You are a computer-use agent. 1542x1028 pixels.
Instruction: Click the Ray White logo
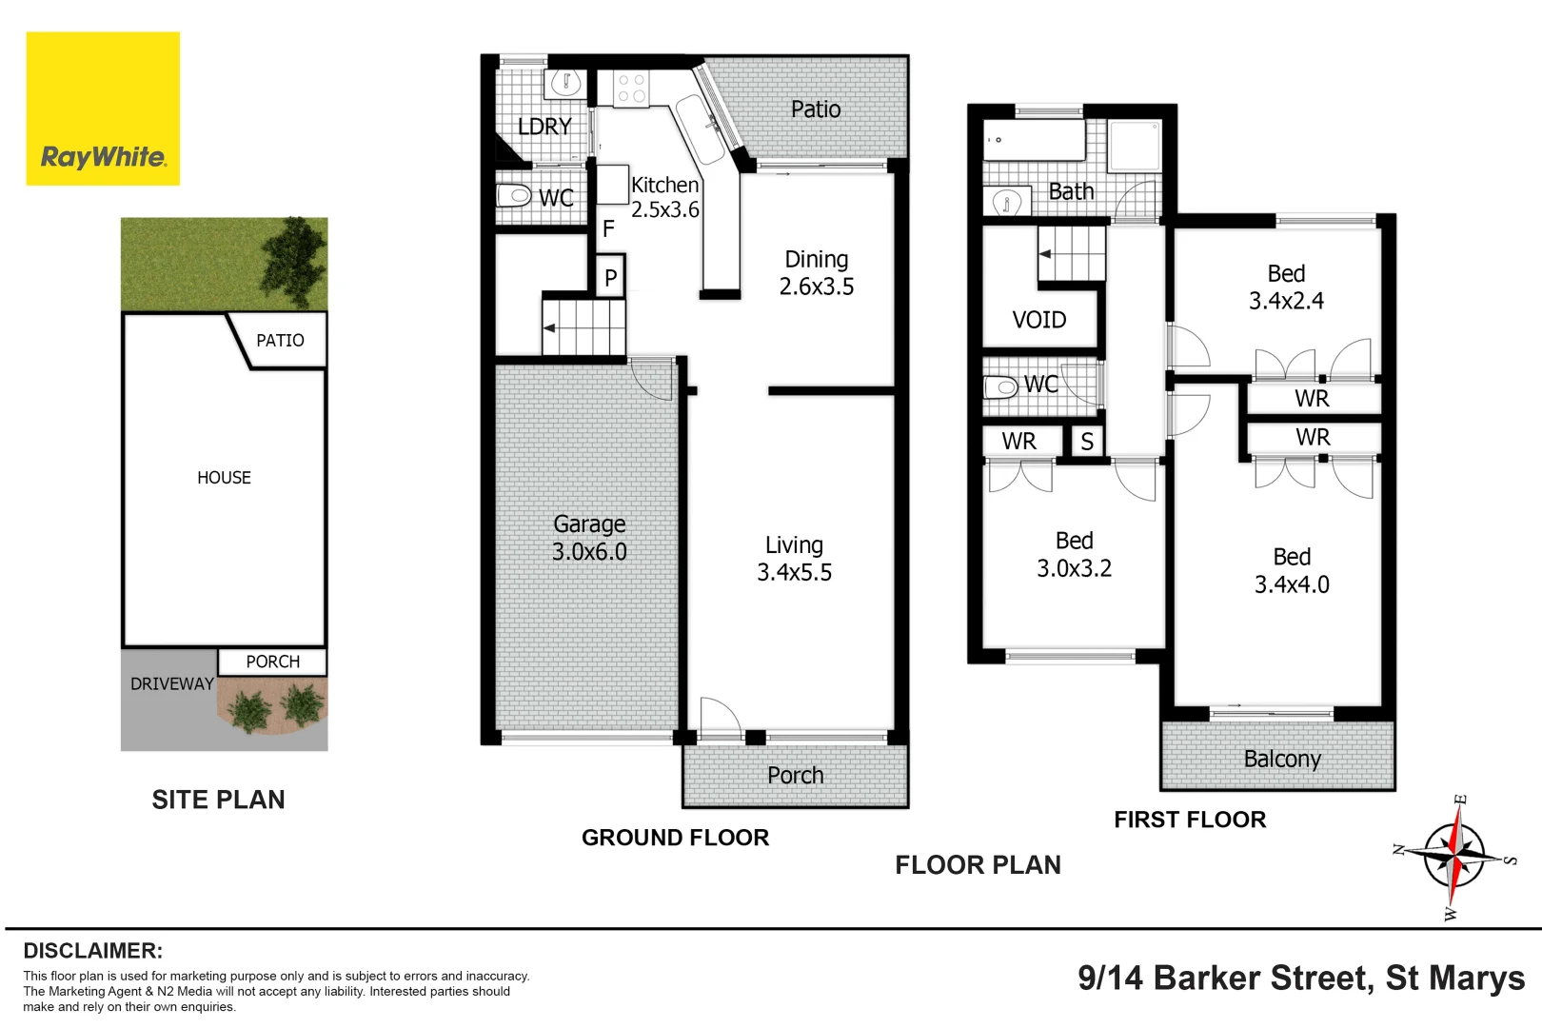103,109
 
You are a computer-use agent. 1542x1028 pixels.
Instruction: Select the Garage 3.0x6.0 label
589,538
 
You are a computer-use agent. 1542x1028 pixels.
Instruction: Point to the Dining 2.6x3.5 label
816,273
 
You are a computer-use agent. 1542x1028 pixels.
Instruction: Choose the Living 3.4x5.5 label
794,559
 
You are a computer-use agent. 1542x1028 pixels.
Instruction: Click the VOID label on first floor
1038,320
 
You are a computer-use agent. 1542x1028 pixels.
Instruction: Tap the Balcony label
1281,759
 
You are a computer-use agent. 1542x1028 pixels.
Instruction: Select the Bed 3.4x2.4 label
1286,287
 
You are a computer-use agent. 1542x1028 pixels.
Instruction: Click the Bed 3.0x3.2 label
1074,555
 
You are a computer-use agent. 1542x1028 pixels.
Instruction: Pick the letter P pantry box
610,277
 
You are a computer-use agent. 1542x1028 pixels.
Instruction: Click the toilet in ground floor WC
514,197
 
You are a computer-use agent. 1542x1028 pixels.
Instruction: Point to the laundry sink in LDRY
566,84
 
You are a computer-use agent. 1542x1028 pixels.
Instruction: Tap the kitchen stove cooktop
631,89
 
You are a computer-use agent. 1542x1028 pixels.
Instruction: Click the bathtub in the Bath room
1034,140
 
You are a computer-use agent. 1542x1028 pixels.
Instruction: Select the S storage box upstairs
1087,442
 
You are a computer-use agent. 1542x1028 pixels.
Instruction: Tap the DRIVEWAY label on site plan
171,683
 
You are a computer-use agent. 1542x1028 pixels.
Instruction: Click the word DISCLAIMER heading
93,950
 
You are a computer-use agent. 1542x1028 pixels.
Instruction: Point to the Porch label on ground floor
795,776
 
